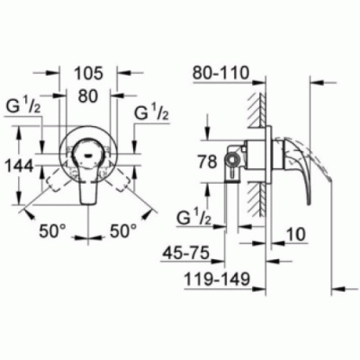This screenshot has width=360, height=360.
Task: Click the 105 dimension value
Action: click(x=88, y=74)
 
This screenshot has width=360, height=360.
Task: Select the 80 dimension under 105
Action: click(x=88, y=96)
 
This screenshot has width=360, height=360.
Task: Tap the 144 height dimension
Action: click(x=20, y=166)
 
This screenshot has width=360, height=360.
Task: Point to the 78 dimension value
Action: click(x=207, y=162)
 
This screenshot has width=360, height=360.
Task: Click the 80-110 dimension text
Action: click(x=221, y=73)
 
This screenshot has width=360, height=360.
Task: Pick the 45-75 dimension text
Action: click(x=185, y=254)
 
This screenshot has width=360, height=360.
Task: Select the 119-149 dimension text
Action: click(x=217, y=279)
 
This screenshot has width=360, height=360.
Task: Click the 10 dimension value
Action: click(x=296, y=234)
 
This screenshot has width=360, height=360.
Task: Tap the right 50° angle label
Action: click(x=123, y=230)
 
